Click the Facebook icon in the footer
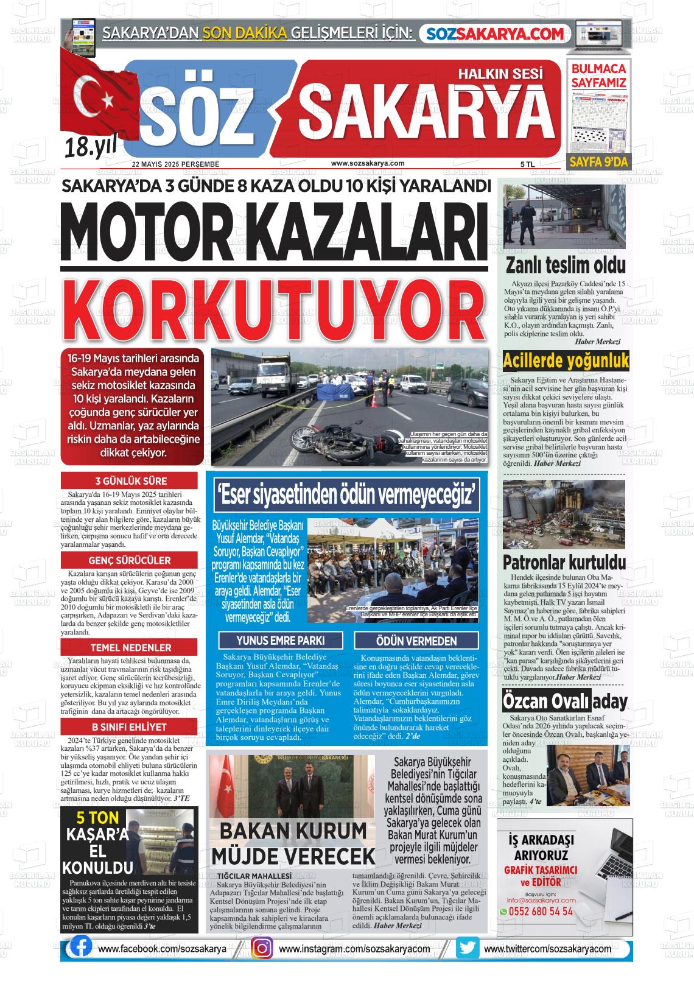tap(81, 948)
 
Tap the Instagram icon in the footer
tap(262, 948)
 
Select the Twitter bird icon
tap(468, 948)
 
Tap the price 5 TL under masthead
tap(527, 164)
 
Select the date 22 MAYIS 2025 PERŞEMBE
tap(176, 164)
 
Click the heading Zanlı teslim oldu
tap(566, 265)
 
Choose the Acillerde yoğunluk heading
tap(566, 361)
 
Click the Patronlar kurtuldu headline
tap(564, 561)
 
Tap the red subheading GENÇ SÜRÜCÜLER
tap(129, 560)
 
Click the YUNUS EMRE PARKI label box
tap(280, 641)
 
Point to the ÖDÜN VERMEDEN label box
tap(416, 641)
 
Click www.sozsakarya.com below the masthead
tap(368, 163)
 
